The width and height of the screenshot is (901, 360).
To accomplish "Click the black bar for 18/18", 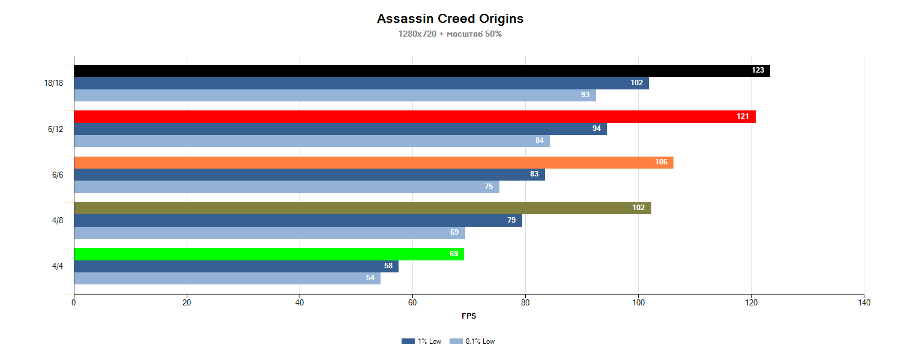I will [x=420, y=71].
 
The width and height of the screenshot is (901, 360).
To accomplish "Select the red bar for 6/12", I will [x=414, y=116].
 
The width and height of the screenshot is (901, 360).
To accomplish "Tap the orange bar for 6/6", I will [x=372, y=163].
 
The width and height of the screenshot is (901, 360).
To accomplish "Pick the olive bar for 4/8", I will [x=360, y=208].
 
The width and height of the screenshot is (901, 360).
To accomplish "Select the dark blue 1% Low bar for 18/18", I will [x=360, y=83].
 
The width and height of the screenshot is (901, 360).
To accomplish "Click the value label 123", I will [x=758, y=70].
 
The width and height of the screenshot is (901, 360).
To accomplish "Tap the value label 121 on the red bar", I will [x=743, y=116].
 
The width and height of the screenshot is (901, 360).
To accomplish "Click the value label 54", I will [x=370, y=278].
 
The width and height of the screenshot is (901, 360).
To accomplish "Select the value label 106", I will [x=661, y=162].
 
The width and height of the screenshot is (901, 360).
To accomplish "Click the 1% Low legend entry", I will [x=422, y=341].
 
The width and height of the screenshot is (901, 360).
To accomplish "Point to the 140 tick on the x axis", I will [x=864, y=303].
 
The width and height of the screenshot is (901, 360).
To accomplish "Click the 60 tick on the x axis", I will [x=412, y=303].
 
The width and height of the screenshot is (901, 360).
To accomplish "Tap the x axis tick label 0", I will [x=74, y=303].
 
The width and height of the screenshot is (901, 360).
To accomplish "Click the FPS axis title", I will [x=469, y=316].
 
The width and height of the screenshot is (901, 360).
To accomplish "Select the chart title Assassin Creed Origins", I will [x=450, y=19].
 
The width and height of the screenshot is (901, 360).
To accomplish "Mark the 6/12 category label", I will [x=56, y=129].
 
